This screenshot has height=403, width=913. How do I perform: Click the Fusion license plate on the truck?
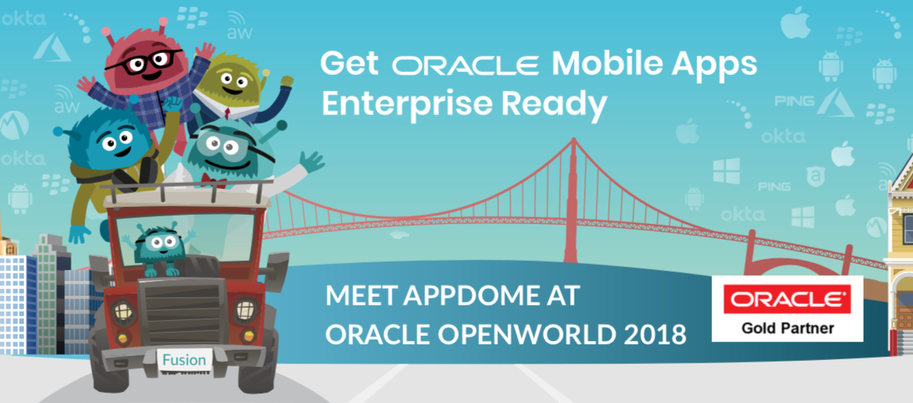[x=184, y=360]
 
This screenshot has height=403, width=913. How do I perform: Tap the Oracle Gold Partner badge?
[x=787, y=308]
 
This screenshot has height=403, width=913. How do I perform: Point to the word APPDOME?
[x=470, y=295]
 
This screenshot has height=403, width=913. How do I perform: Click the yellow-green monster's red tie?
[x=227, y=114]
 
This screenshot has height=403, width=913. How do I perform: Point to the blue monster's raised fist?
[x=172, y=106]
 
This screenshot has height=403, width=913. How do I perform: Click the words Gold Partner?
[x=787, y=328]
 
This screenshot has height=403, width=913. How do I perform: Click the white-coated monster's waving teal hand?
[x=312, y=161]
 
